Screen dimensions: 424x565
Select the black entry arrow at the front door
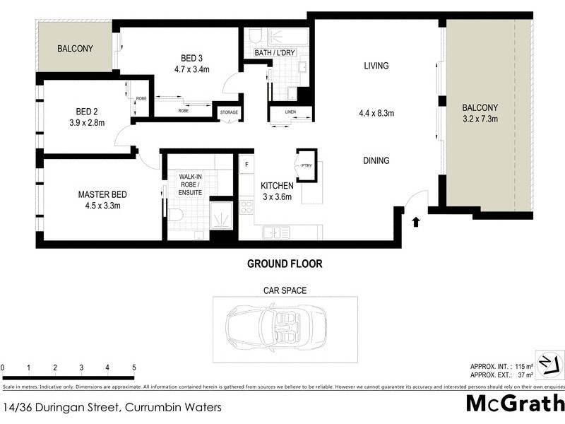[x=415, y=222]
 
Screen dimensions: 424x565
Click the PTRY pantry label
[x=306, y=167]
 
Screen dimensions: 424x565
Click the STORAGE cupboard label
[x=229, y=112]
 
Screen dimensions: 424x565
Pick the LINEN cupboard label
[x=290, y=112]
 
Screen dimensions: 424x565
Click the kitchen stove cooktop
[x=246, y=208]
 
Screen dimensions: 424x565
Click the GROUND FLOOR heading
[x=285, y=264]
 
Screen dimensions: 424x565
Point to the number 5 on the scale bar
[x=133, y=368]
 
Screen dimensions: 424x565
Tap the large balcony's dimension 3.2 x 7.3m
[x=480, y=119]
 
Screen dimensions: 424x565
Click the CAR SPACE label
[x=285, y=290]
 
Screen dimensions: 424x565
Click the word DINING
[x=376, y=160]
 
